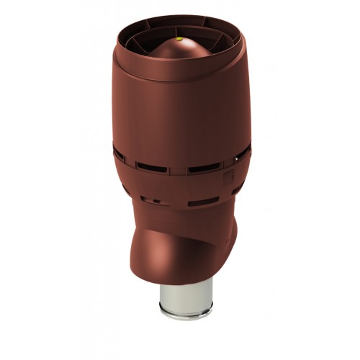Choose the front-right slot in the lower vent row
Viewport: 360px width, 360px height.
[199, 203]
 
